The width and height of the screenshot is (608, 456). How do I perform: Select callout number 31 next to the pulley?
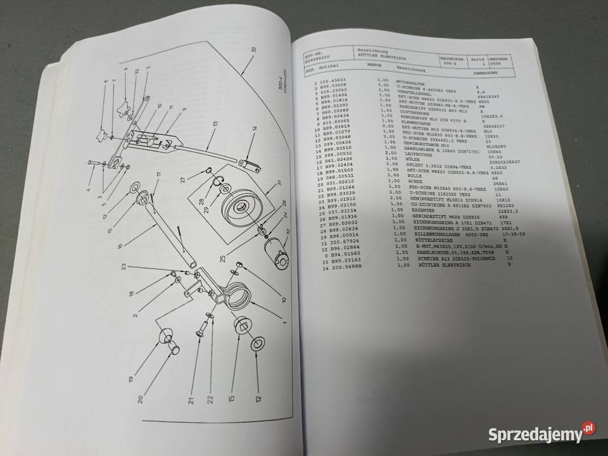tap(277, 185)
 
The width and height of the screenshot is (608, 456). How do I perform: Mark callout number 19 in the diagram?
tap(130, 379)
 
